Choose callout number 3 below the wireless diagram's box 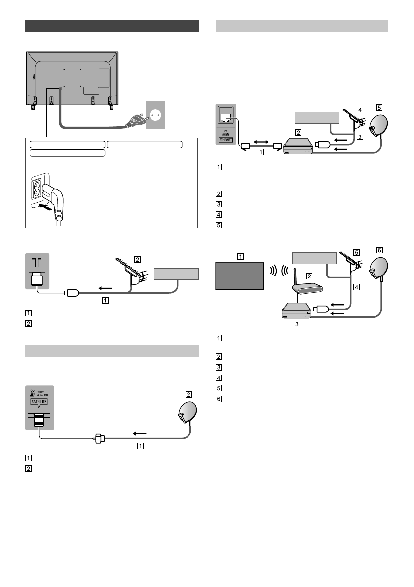[x=296, y=324]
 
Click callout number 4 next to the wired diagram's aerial [x=360, y=110]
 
